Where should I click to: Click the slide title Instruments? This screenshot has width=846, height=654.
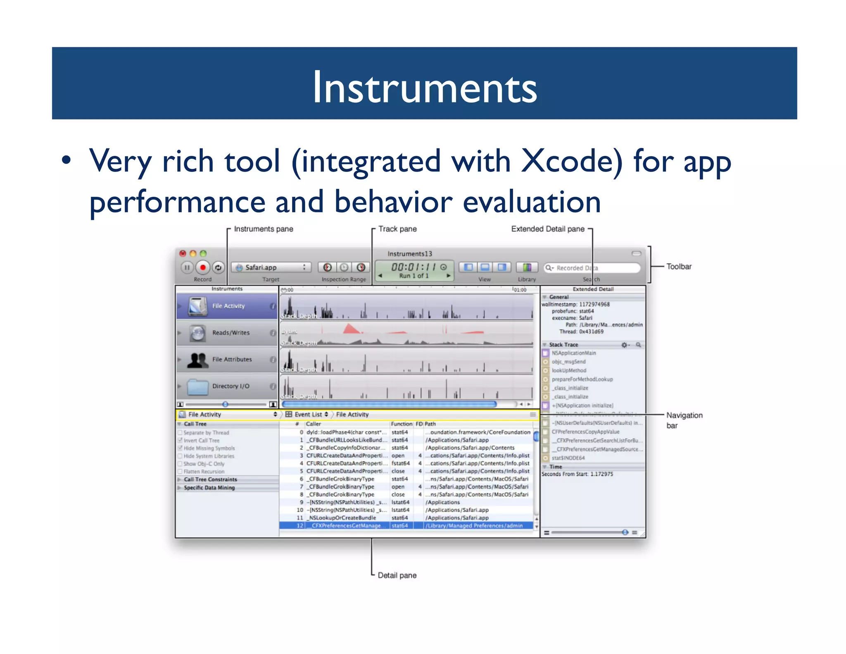pos(424,87)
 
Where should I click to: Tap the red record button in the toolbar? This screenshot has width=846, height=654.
pos(202,267)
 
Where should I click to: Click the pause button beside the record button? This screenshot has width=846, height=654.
pos(187,267)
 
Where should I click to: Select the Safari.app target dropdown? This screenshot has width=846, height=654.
pos(271,267)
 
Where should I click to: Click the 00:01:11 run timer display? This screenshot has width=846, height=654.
pos(413,267)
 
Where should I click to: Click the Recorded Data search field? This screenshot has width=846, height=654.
pos(592,268)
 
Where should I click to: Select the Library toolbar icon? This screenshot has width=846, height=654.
pos(527,267)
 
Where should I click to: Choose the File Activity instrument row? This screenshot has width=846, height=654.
pos(227,306)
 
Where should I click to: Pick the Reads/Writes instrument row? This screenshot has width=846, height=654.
pos(227,333)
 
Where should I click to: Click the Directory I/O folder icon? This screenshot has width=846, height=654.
pos(197,387)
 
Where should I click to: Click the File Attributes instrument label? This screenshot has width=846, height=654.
pos(232,360)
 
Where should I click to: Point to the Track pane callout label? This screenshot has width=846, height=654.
pos(397,229)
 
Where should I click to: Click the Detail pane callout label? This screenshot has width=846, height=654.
pos(397,575)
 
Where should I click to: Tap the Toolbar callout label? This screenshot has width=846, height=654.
pos(679,267)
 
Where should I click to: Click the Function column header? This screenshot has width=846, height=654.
pos(401,424)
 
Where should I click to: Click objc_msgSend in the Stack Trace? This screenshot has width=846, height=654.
pos(568,362)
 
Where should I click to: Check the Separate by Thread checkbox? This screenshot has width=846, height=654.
pos(180,433)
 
